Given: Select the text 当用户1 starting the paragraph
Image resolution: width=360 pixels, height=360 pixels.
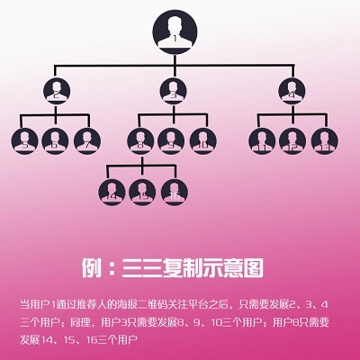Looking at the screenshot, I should pos(39,302).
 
